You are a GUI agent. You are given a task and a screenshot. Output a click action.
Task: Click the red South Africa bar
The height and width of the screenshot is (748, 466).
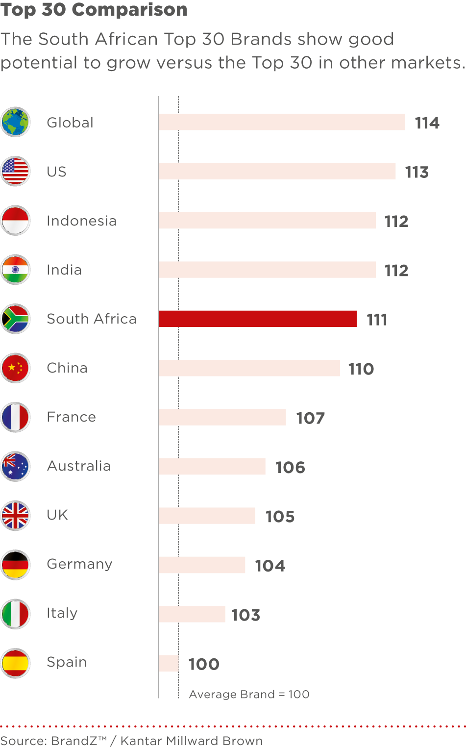pos(258,319)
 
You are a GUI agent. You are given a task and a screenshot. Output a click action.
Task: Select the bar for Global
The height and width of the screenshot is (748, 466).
pos(282,122)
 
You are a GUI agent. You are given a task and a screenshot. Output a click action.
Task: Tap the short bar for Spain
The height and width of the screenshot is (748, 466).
pos(169,663)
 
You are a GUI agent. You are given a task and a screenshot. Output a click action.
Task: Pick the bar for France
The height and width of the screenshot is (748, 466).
pos(222,417)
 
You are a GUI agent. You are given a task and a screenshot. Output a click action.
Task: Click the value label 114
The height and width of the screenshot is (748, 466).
pos(427,123)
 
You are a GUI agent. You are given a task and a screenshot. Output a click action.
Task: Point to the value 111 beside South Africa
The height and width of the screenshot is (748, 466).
pos(377,320)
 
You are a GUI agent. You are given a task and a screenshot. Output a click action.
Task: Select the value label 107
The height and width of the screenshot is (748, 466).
pos(310,418)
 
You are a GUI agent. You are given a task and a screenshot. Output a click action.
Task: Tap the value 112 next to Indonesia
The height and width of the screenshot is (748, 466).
pos(396,222)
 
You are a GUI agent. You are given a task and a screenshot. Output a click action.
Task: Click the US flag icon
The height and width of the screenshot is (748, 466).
pos(16,172)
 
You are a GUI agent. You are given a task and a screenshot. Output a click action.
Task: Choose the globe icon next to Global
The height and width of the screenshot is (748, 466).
pos(16,122)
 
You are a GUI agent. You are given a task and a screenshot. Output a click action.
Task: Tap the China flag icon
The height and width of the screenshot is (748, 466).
pos(16,368)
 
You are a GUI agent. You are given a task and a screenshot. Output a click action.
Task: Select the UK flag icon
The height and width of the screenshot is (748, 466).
pos(16,516)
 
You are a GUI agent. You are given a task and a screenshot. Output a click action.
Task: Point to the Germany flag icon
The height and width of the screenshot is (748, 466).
pos(16,565)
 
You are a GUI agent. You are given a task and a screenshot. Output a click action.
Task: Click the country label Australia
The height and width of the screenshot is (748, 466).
pos(79,466)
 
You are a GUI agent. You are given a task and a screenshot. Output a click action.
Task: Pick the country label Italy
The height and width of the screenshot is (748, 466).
pos(62,613)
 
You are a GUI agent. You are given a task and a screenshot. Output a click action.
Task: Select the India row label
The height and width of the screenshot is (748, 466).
pos(64,270)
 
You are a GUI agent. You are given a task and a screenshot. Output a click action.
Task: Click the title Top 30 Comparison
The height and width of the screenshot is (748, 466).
pos(94,10)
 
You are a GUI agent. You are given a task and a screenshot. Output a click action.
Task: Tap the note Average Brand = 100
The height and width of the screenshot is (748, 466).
pos(249,694)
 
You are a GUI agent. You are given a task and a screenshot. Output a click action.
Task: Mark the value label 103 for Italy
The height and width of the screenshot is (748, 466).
pos(245,615)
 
